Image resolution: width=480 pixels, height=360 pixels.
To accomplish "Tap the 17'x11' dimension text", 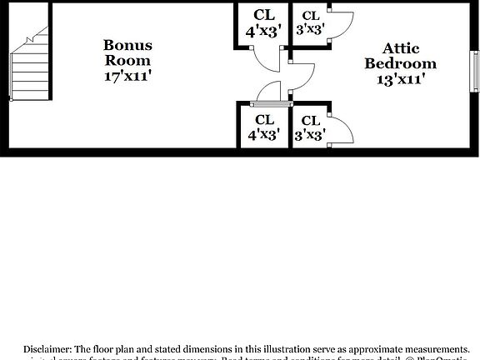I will click(127, 76).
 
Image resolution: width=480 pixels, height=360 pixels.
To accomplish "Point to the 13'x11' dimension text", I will click(400, 79).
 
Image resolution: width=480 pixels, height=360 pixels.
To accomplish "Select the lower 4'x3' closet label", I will click(264, 126).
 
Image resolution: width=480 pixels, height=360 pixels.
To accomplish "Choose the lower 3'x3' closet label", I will click(310, 126).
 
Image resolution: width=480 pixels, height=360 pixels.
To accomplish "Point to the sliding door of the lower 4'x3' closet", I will click(270, 105).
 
